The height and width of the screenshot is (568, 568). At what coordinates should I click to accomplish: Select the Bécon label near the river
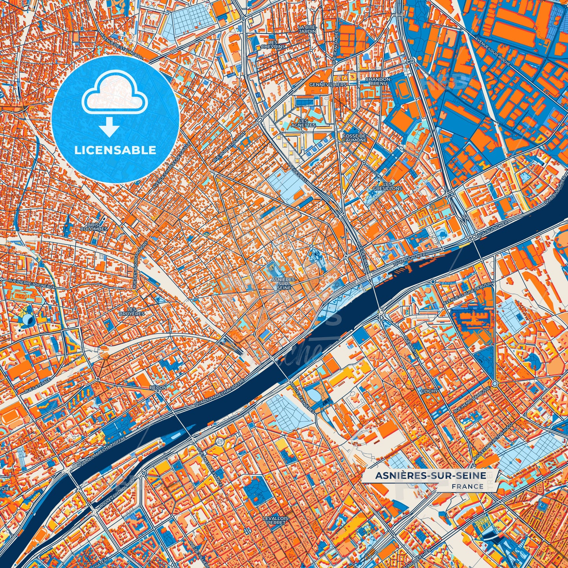pos(158,388)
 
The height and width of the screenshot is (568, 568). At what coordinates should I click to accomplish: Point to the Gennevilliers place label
pos(328,85)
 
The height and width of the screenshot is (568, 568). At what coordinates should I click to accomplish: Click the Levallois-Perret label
pos(276,520)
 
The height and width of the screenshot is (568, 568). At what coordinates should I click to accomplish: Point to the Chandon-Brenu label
pos(379,81)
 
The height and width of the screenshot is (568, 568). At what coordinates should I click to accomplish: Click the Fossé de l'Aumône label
pos(355,138)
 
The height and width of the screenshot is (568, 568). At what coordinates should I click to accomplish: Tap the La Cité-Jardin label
pos(307,29)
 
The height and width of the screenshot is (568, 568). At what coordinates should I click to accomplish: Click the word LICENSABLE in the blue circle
pos(116,150)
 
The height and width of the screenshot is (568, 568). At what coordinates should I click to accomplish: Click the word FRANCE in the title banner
pos(468,487)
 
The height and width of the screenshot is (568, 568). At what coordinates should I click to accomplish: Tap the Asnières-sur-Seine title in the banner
pos(430,476)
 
